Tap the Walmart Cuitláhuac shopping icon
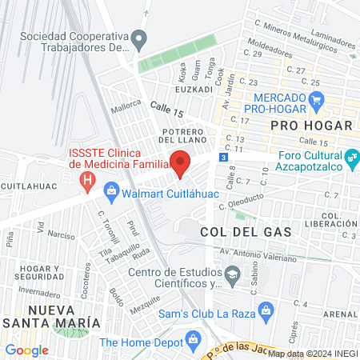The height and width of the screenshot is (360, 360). pyautogui.click(x=112, y=191)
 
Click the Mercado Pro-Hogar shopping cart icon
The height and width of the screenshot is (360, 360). pyautogui.click(x=317, y=100)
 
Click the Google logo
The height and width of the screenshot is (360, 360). pyautogui.click(x=26, y=350)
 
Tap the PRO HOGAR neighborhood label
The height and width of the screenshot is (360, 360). pyautogui.click(x=306, y=126)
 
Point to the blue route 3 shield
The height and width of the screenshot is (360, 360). pyautogui.click(x=224, y=157)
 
